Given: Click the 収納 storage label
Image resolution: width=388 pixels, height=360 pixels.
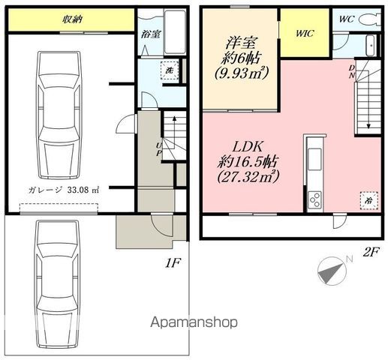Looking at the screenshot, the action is [x=73, y=19].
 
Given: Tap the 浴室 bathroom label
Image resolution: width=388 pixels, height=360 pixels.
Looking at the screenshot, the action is [x=151, y=34].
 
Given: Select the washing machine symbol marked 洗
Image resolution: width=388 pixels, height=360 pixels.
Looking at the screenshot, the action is [x=170, y=70].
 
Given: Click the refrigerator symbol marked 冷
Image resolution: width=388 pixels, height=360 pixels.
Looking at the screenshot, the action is [x=368, y=200].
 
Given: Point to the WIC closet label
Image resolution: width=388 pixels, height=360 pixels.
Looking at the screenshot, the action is [x=305, y=33].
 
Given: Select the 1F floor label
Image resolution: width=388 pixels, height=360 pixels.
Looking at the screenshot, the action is [x=173, y=263].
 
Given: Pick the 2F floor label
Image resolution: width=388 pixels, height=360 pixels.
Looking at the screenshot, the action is [x=371, y=252].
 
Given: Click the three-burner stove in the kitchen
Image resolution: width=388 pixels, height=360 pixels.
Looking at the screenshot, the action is [x=314, y=199].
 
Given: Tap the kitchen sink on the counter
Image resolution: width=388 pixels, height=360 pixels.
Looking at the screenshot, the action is [x=314, y=159].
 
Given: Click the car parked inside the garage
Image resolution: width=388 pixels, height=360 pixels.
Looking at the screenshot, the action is [x=59, y=115].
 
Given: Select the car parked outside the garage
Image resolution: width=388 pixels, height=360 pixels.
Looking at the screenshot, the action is [x=58, y=284].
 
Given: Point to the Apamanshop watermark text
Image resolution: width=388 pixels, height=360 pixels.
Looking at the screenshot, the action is [x=194, y=322].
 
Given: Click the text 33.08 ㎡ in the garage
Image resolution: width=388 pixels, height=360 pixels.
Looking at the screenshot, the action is [x=83, y=190].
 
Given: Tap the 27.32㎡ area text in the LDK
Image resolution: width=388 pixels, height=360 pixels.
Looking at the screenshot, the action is [x=248, y=177].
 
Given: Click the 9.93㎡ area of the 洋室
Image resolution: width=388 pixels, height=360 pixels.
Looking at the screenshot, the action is [x=242, y=73].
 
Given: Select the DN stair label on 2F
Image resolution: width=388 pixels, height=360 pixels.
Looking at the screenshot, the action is [x=352, y=71].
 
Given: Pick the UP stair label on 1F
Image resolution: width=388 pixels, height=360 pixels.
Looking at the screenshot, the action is [x=159, y=149].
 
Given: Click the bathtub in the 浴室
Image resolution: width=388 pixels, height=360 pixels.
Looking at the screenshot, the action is [x=176, y=31].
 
